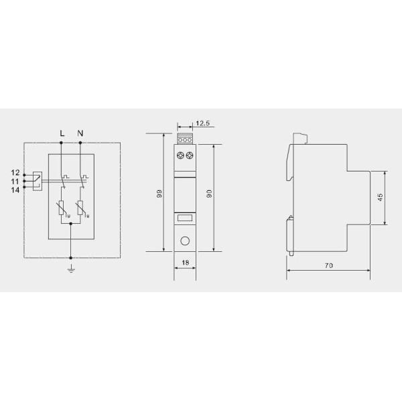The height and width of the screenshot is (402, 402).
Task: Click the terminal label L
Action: pos(62,133)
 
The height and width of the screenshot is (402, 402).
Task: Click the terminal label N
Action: pos(81,133)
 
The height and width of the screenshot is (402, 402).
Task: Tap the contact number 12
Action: pos(15,174)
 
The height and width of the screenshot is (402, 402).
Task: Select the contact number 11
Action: pos(15,181)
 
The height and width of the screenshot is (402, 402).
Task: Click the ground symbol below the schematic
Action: pos(71,269)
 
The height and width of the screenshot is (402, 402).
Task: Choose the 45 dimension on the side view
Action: pos(381,198)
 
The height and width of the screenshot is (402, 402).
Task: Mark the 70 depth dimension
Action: pos(328,266)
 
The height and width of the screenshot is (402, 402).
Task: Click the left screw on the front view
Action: pos(180,155)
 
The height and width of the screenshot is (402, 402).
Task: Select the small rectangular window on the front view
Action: pos(185,217)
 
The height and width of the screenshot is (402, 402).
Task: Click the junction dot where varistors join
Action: pos(71,225)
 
